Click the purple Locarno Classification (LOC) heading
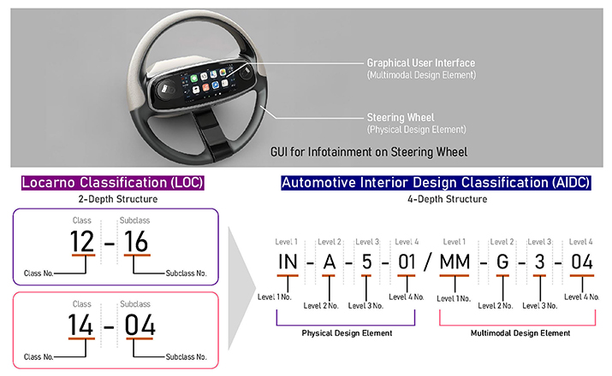point(112,182)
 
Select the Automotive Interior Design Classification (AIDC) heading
point(436,182)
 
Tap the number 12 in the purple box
point(82,242)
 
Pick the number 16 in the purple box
point(136,242)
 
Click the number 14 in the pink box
point(80,325)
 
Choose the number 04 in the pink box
point(140,325)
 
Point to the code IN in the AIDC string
point(288,261)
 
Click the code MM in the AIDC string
point(455,261)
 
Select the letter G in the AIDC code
point(502,261)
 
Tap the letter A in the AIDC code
point(330,261)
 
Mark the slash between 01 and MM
point(428,261)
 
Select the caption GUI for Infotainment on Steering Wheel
point(369,152)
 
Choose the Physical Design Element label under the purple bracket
point(347,333)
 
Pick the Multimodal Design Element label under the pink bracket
point(520,333)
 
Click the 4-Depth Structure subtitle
point(448,199)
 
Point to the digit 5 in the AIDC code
point(366,261)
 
